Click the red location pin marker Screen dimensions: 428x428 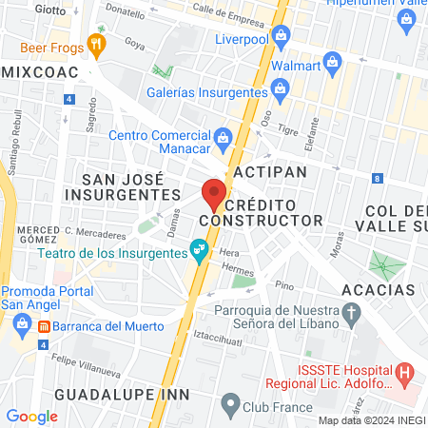(x=213, y=193)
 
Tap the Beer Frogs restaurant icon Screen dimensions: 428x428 (x=95, y=43)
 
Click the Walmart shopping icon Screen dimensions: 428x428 (x=332, y=64)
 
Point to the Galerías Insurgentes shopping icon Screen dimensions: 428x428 (x=280, y=92)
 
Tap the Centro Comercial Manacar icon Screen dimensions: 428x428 (x=222, y=137)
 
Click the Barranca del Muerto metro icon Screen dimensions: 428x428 (x=44, y=326)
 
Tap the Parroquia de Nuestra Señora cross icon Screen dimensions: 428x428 (x=351, y=312)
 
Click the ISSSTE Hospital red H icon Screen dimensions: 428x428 (x=405, y=371)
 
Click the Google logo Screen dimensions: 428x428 (x=31, y=416)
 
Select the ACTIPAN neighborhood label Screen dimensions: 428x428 (x=270, y=171)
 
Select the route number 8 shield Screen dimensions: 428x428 (x=378, y=178)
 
